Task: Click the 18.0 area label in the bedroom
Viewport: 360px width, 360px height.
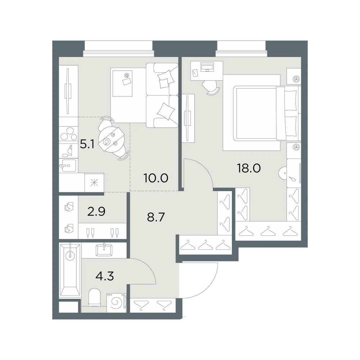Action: (x=249, y=168)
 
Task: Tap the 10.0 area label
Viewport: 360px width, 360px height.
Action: (x=156, y=178)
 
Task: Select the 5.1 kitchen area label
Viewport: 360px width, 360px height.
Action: (x=87, y=145)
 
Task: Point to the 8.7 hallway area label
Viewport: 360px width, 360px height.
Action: (x=156, y=217)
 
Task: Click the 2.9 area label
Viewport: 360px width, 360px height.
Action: (x=96, y=211)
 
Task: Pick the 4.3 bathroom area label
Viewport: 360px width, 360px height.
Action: (x=105, y=276)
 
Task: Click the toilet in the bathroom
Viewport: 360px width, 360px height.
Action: (x=94, y=298)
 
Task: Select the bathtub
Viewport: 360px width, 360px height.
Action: (x=70, y=270)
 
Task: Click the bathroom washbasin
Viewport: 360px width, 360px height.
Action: (x=104, y=250)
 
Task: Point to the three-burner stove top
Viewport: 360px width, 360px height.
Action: (x=68, y=134)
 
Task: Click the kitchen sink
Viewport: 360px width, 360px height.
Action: (x=68, y=166)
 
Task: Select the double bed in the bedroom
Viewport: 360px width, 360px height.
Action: (x=267, y=113)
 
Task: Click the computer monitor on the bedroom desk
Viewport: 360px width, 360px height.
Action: (x=207, y=67)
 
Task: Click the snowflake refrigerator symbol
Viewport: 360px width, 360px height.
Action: (x=94, y=183)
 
